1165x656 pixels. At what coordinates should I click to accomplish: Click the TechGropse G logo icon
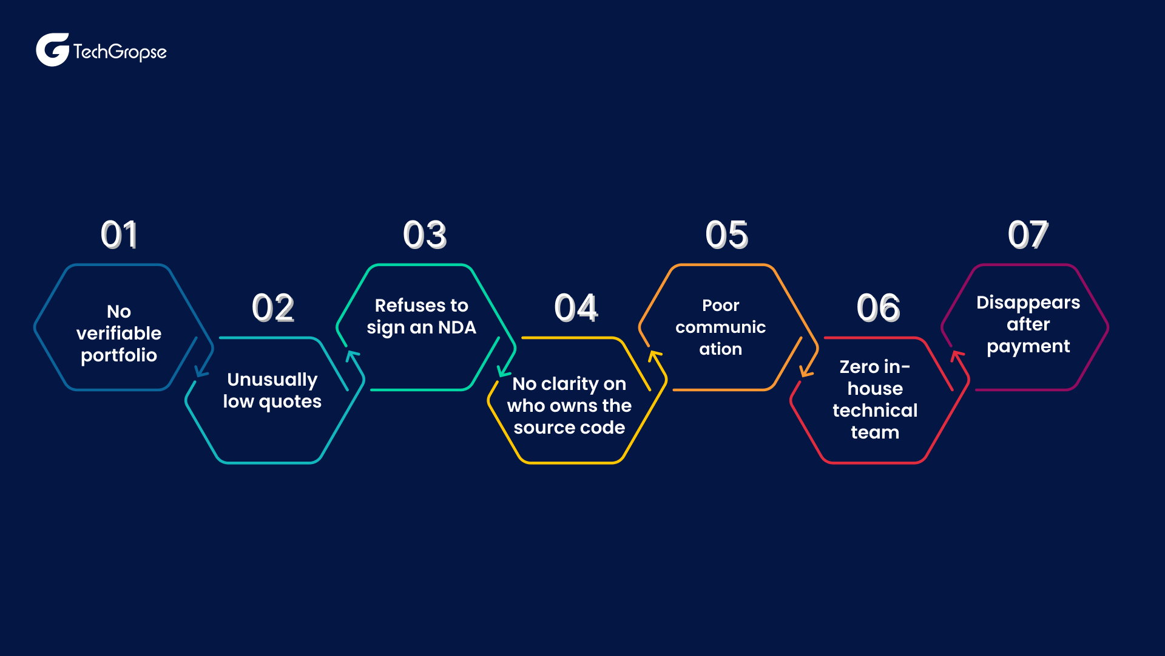53,50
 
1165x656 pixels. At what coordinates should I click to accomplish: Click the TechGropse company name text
120,52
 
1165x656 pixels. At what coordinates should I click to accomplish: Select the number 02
273,307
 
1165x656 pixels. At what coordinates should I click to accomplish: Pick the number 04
576,307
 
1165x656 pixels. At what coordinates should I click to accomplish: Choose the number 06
878,307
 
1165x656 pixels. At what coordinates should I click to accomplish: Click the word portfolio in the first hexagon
119,356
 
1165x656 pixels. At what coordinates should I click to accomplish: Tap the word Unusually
272,380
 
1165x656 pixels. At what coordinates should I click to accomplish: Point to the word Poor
721,306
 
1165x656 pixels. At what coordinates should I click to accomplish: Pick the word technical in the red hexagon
875,411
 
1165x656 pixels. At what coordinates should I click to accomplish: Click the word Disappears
1028,303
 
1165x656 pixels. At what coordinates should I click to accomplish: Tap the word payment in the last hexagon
1028,347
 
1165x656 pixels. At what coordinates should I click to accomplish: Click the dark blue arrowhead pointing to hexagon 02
201,371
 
